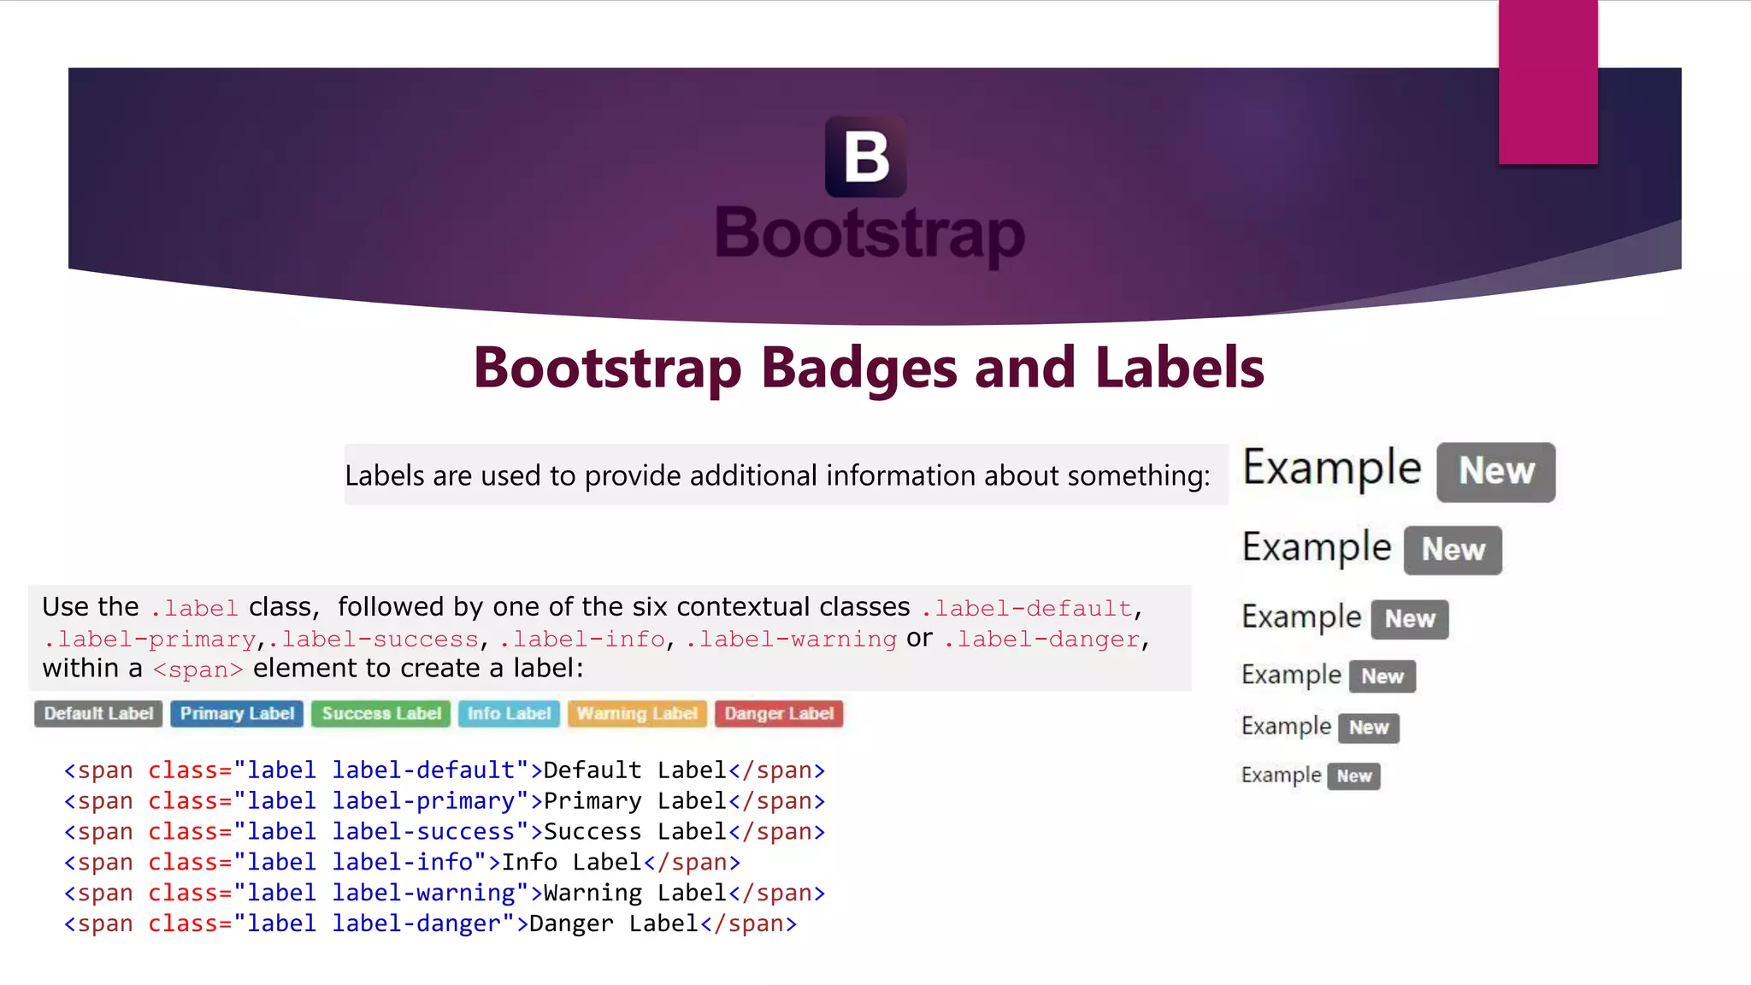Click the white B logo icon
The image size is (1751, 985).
tap(865, 157)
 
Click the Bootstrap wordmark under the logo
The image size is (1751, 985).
tap(870, 233)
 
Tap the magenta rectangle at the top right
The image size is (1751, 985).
tap(1548, 82)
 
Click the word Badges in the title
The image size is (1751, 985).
tap(858, 368)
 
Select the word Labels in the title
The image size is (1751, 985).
tap(1179, 368)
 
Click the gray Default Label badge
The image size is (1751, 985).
tap(98, 714)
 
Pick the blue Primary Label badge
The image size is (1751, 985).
tap(237, 714)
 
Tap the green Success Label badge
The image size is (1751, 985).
tap(381, 714)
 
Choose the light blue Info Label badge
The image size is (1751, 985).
tap(509, 714)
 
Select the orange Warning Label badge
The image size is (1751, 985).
tap(637, 714)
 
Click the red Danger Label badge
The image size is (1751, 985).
tap(779, 714)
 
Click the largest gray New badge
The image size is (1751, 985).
tap(1495, 472)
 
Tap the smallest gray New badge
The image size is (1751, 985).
tap(1353, 776)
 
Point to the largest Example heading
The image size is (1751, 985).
tap(1331, 469)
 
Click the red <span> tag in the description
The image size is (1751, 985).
tap(198, 669)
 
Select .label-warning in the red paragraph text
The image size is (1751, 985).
tap(791, 640)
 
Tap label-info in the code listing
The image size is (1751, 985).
tap(402, 863)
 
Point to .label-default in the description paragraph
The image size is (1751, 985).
tap(1026, 609)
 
